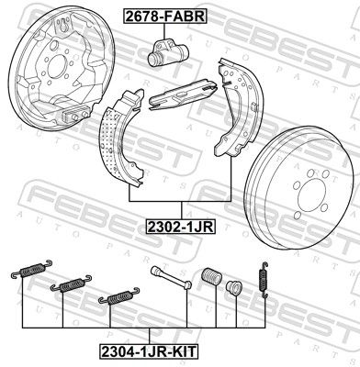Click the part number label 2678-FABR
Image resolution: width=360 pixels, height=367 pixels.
tap(165, 16)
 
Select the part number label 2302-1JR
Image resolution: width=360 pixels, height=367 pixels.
tap(181, 227)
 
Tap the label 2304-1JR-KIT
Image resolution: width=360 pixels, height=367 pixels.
tap(148, 351)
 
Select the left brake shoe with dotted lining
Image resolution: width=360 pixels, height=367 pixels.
tap(120, 138)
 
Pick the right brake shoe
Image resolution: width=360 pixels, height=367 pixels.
tap(235, 107)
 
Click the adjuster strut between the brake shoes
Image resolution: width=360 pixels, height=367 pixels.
tap(183, 95)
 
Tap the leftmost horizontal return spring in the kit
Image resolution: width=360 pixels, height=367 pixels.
tap(31, 269)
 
